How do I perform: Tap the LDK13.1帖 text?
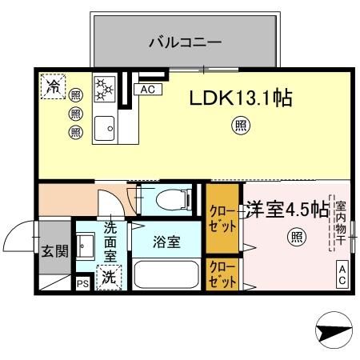point(240,98)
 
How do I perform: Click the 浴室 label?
point(166,242)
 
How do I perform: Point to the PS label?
point(82,283)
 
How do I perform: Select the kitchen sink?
point(104,126)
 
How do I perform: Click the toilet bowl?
point(170,199)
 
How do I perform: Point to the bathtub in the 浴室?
point(166,274)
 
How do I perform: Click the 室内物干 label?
point(340,222)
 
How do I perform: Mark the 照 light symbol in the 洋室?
point(296,236)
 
